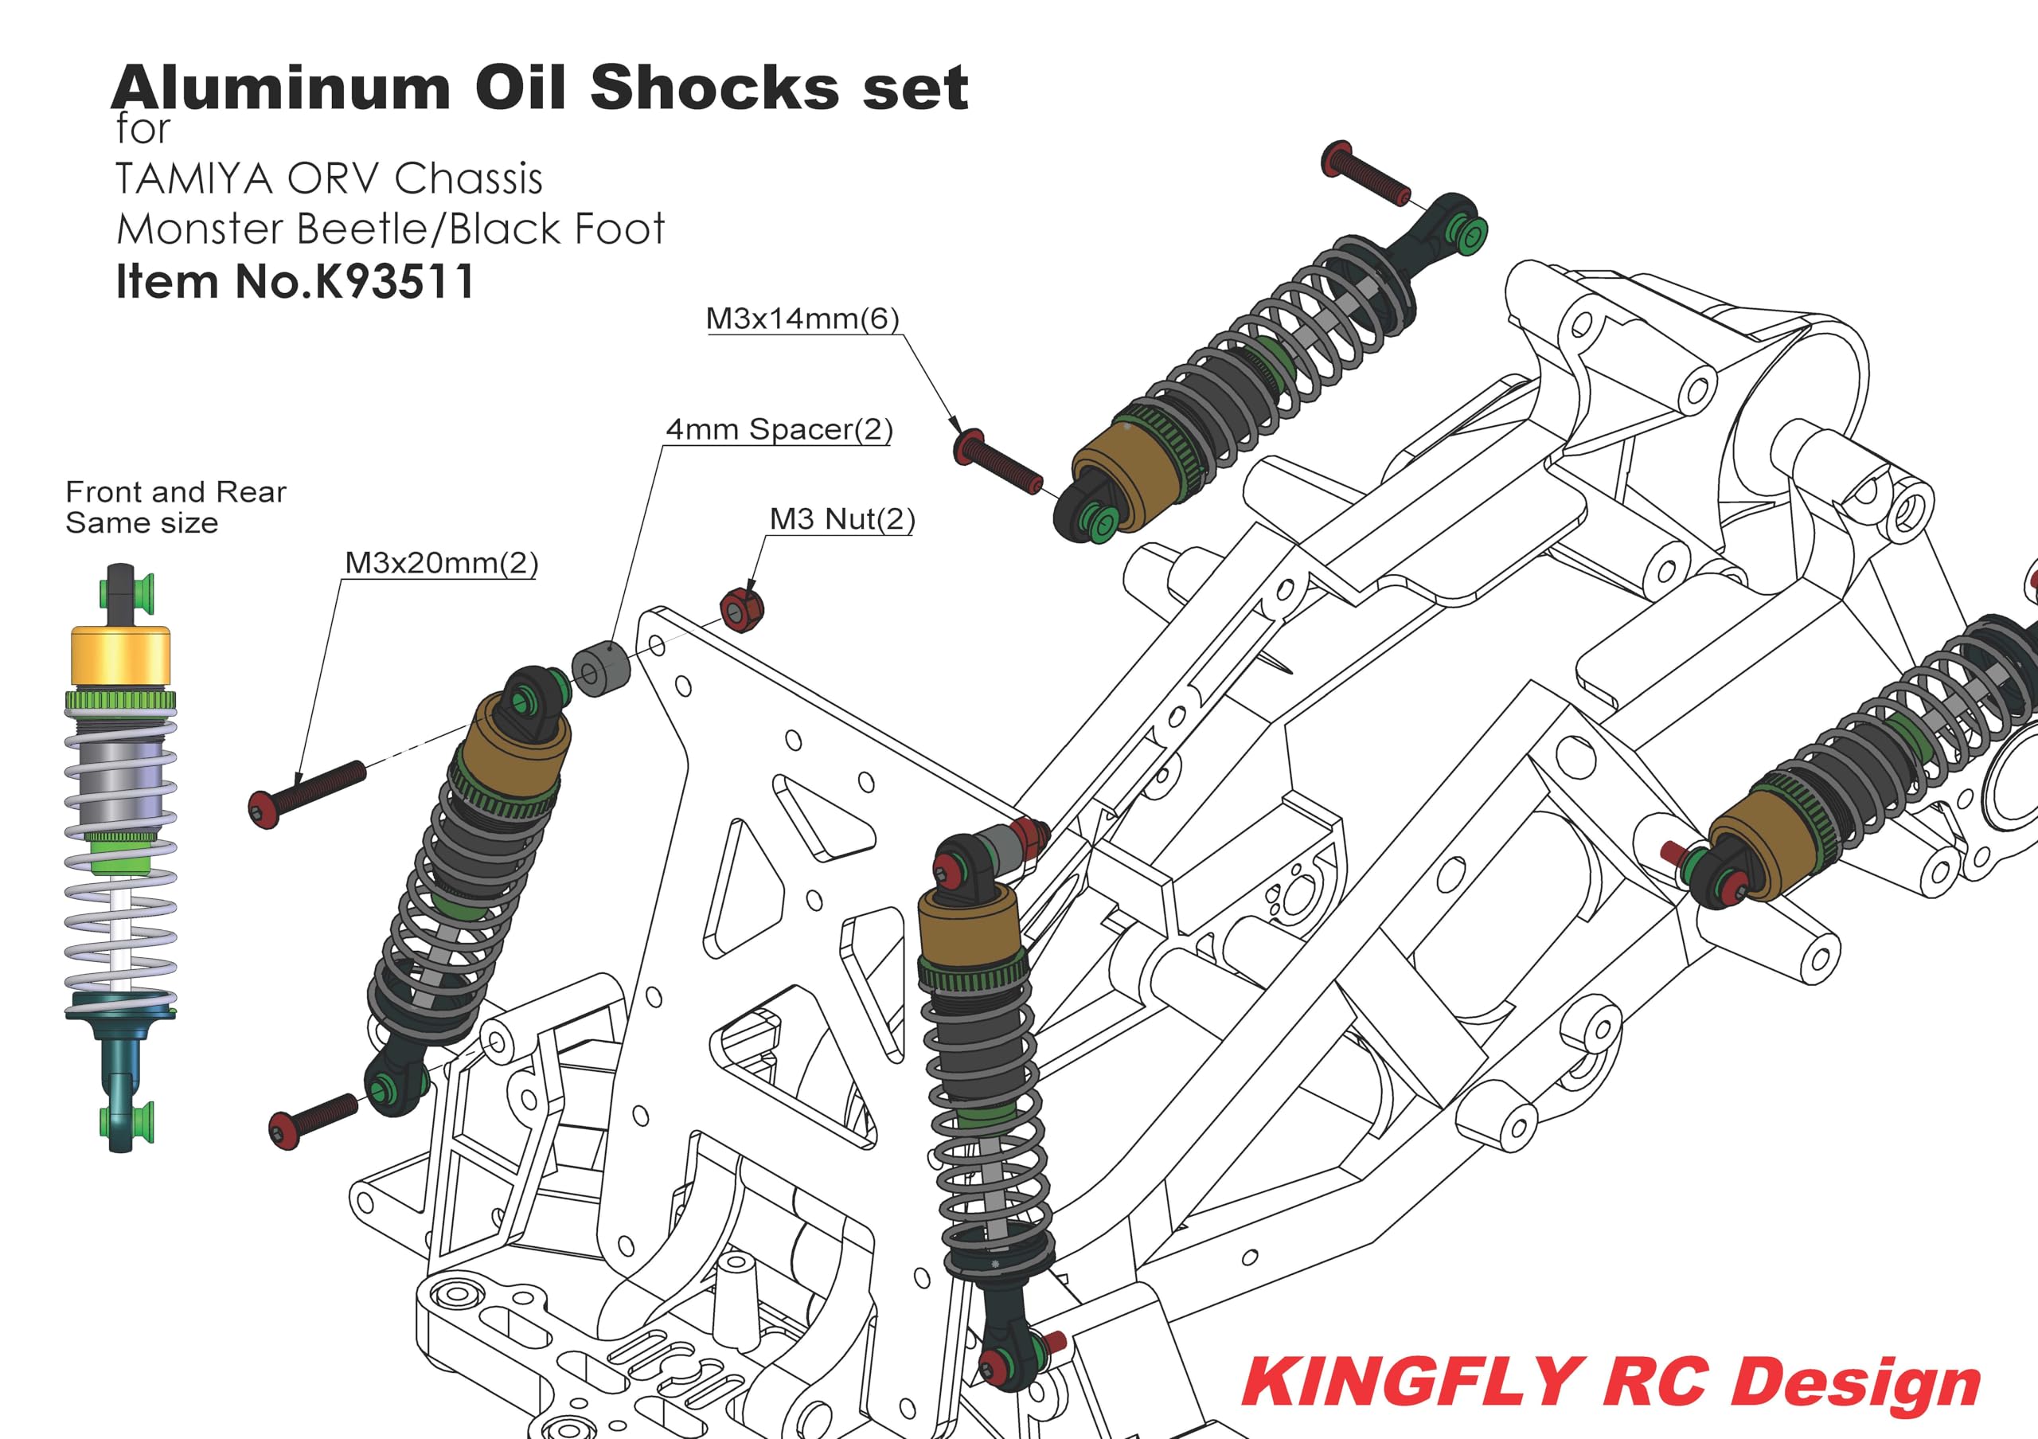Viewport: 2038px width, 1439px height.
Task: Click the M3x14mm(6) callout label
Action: [802, 318]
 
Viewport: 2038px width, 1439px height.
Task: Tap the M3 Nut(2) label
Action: [841, 518]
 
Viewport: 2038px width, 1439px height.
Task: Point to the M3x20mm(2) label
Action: [441, 562]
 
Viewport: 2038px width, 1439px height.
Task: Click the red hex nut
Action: [740, 609]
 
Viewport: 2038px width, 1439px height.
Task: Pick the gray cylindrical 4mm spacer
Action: [600, 667]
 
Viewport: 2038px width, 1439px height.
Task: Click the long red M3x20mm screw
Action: [306, 794]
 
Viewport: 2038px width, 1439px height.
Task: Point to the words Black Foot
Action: [557, 229]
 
